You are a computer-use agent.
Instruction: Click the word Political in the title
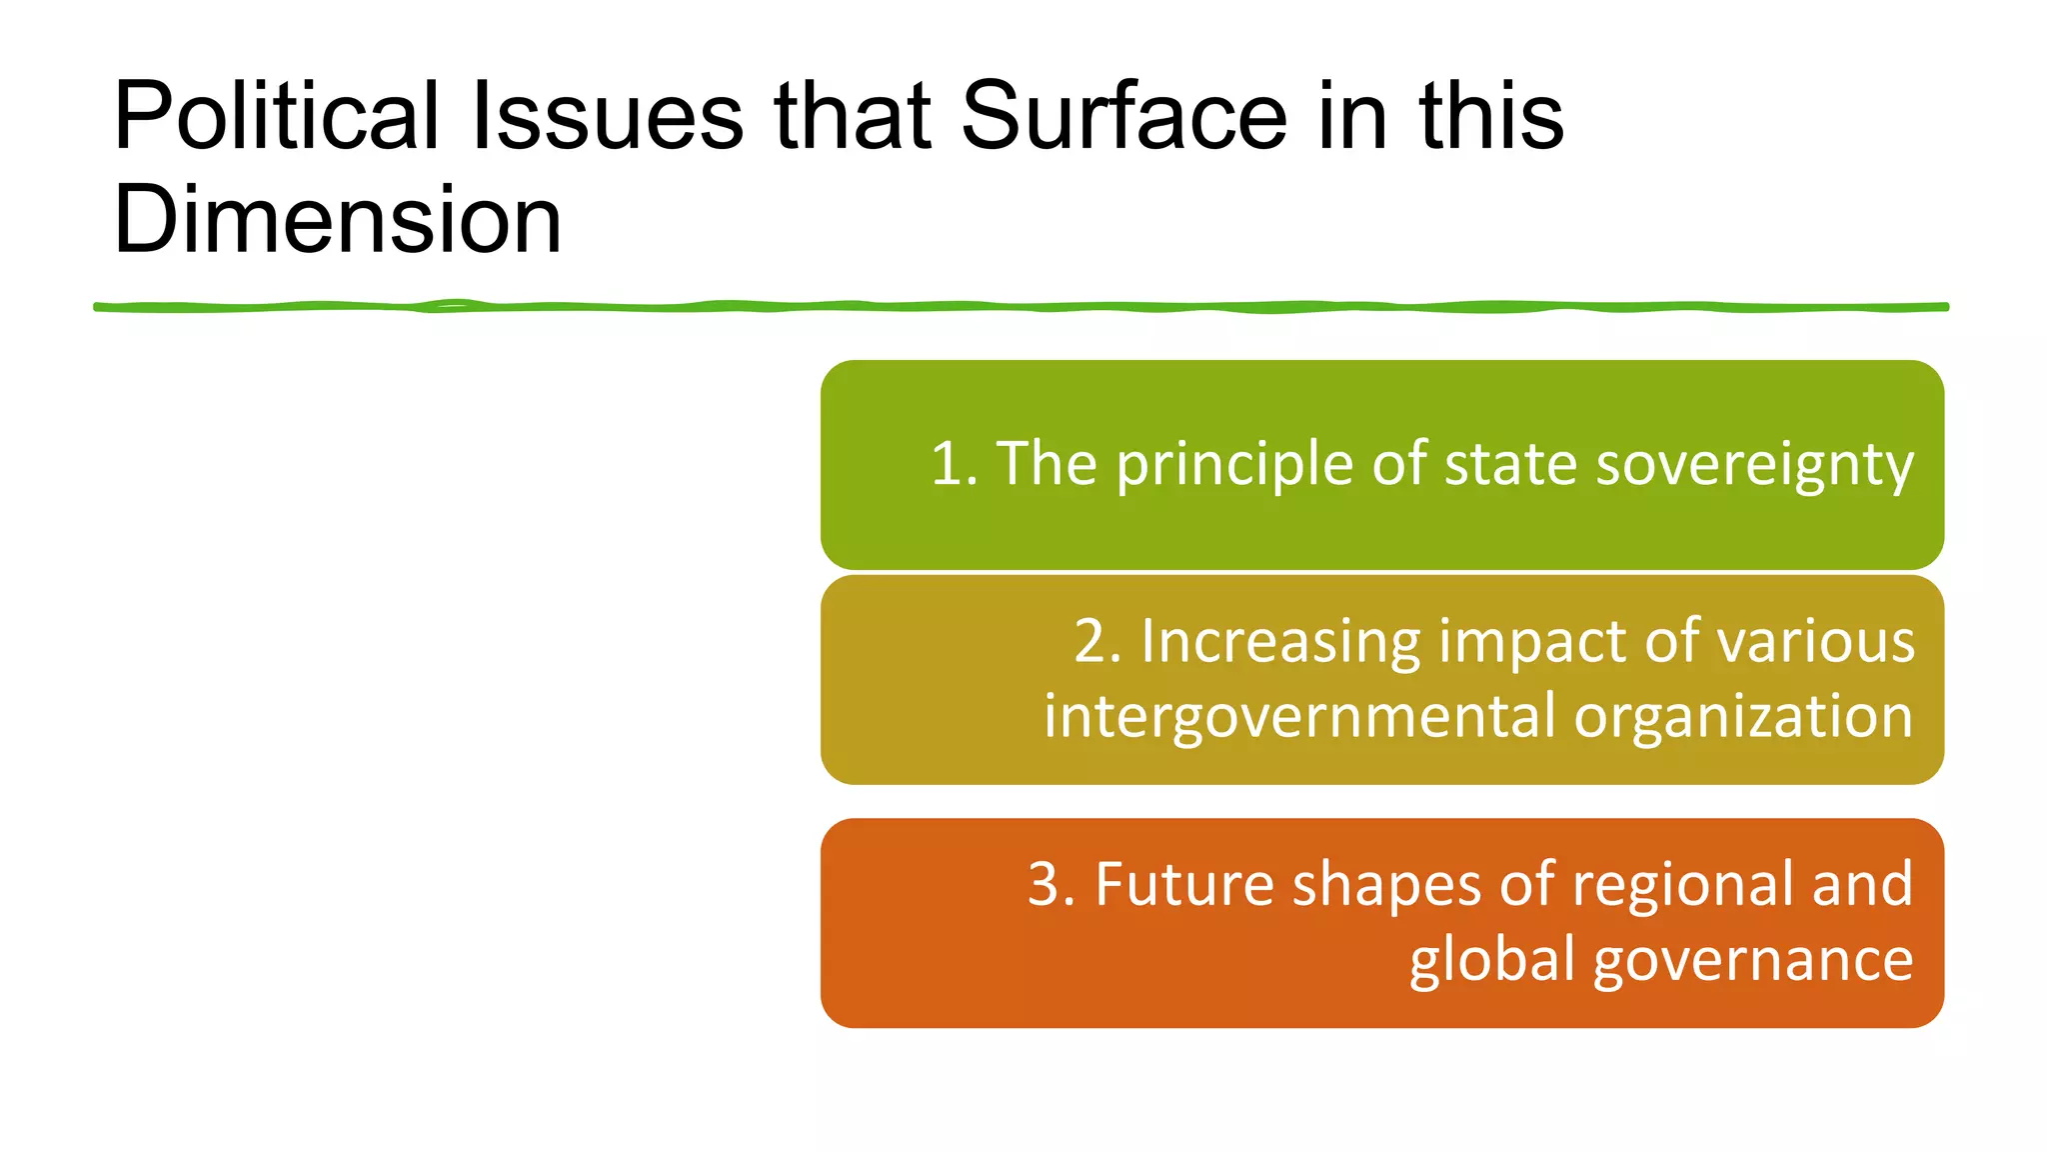pos(276,117)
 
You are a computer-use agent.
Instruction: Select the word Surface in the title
pos(1123,117)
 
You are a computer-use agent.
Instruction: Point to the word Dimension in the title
pos(337,221)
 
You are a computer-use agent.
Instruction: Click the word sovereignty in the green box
pos(1754,465)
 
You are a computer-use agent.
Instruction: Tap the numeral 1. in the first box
pos(954,465)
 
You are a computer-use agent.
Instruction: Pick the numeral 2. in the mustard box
pos(1096,641)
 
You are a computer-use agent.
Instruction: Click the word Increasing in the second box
pos(1280,641)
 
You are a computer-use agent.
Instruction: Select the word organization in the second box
pos(1743,717)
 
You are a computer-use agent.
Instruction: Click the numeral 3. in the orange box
pos(1050,885)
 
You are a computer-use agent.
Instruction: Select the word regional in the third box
pos(1683,885)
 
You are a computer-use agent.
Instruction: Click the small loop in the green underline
pos(452,304)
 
